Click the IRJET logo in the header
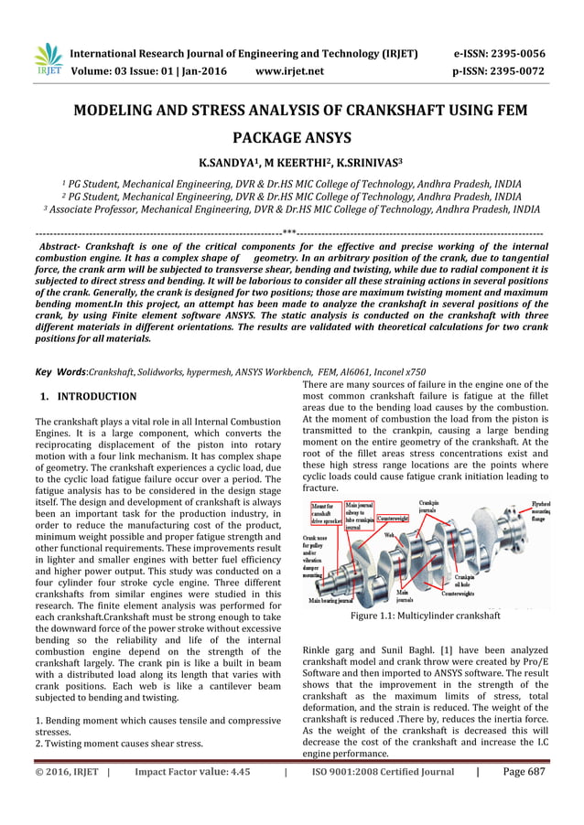[47, 60]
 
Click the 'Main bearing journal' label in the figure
[331, 601]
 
